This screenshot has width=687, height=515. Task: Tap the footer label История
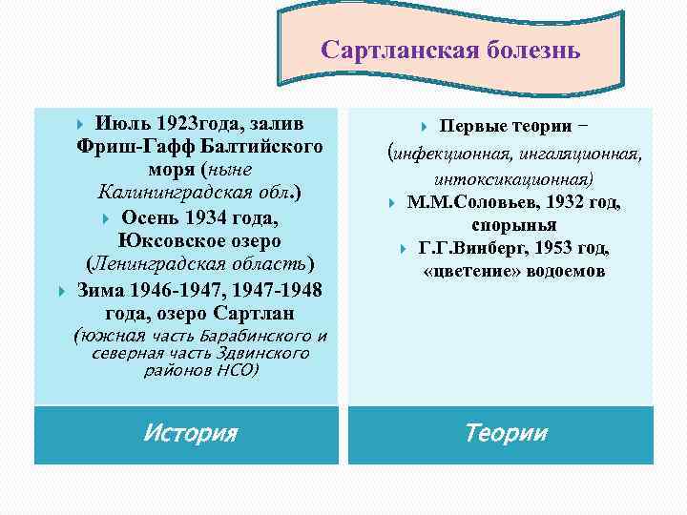tap(190, 433)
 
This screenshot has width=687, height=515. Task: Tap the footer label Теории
tap(506, 433)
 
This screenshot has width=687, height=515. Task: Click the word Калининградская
tap(163, 194)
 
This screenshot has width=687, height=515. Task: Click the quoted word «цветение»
tap(464, 271)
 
